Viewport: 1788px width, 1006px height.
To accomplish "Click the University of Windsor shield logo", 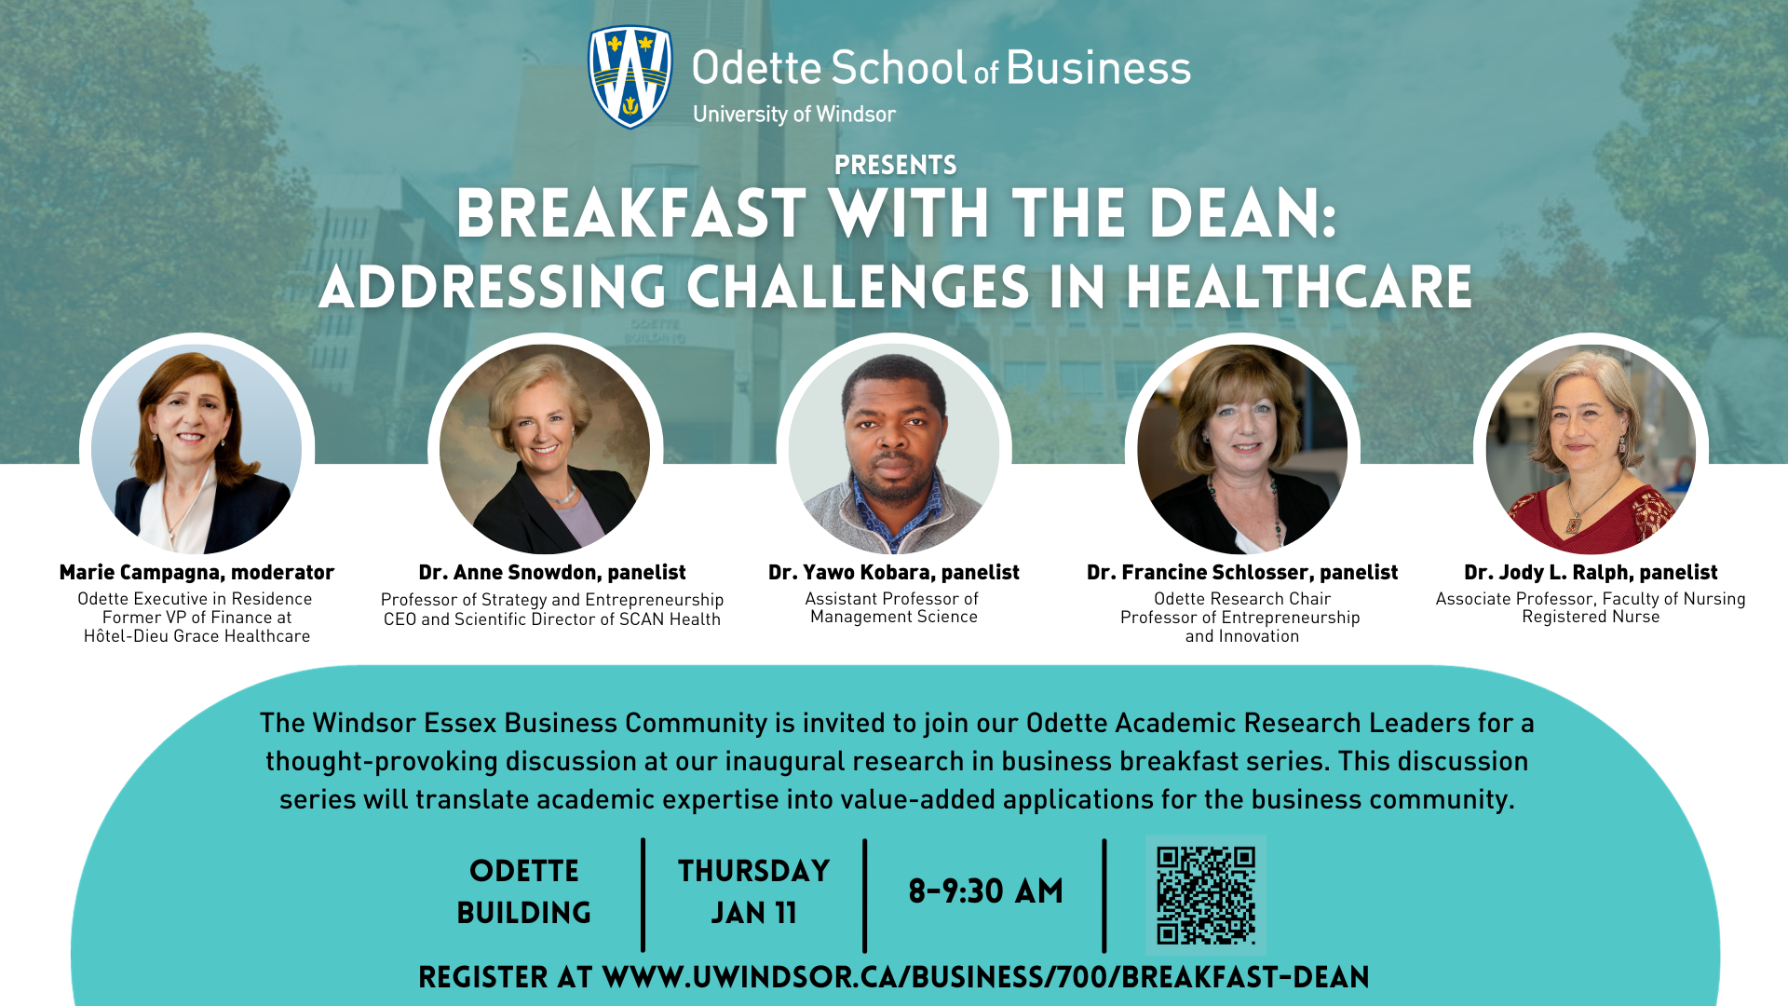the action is (x=630, y=76).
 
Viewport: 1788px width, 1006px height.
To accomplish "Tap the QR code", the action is (x=1206, y=895).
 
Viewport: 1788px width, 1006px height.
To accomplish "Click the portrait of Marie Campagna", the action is (x=196, y=450).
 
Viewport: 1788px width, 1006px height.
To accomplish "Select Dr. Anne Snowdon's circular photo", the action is (x=545, y=450).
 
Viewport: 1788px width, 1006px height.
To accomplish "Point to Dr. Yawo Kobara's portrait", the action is (x=894, y=450).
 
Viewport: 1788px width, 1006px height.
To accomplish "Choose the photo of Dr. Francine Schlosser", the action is (x=1242, y=450).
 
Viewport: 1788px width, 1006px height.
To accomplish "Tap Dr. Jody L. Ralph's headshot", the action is (x=1591, y=450).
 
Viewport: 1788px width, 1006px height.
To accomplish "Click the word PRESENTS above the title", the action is (x=896, y=166).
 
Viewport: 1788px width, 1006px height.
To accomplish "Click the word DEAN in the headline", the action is (x=1243, y=214).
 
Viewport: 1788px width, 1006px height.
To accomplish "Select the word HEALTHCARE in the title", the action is (x=1300, y=287).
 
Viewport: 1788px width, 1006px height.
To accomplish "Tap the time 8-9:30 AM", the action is (x=986, y=891).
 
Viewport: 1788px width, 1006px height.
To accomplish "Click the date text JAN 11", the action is (x=754, y=913).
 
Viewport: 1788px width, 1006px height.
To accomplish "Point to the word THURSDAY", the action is (x=754, y=871).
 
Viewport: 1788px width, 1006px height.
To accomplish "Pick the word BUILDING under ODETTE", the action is (x=524, y=913).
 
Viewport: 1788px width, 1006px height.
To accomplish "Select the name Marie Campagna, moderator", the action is (x=196, y=572).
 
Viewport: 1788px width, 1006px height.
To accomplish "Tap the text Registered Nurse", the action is (x=1591, y=617).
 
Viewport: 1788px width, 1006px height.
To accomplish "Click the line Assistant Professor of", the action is (x=892, y=599).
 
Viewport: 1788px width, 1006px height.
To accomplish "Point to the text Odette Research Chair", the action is (x=1242, y=599).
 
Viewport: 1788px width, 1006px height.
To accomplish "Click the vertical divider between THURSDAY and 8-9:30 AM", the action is (x=865, y=896).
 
